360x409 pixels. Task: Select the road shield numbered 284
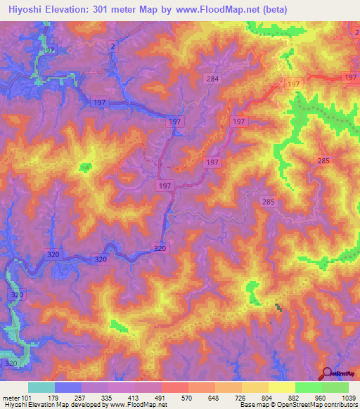(213, 79)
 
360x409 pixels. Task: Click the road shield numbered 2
(112, 46)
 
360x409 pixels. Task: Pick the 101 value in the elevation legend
(26, 397)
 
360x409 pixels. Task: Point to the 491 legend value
(161, 397)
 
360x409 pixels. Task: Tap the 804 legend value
(268, 397)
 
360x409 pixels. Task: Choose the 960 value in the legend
(321, 397)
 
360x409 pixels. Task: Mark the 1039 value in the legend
(349, 397)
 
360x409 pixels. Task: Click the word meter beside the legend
(10, 397)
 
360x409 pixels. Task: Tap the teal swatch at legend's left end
(41, 387)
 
